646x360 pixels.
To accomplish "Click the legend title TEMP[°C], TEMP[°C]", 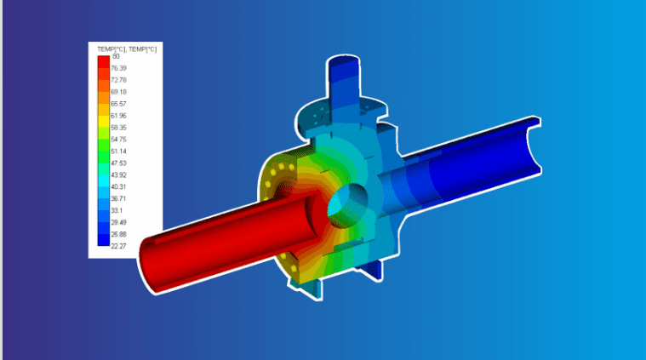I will pyautogui.click(x=127, y=49).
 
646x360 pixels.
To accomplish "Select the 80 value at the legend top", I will pyautogui.click(x=115, y=56).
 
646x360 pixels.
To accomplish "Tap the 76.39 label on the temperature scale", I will pyautogui.click(x=118, y=68).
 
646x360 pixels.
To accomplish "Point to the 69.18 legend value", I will pyautogui.click(x=118, y=92).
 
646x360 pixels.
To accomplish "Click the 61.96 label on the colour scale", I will pyautogui.click(x=118, y=115).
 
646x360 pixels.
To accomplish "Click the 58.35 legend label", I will pyautogui.click(x=118, y=127).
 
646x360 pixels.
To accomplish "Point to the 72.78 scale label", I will pyautogui.click(x=118, y=80).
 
